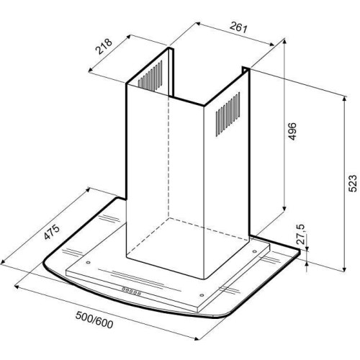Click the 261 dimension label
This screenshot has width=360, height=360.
point(238,27)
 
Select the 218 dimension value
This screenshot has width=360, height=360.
point(104,46)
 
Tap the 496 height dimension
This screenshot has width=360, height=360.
point(292,131)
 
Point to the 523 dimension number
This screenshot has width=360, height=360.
point(353,184)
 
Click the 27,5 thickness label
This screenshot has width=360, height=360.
point(300,234)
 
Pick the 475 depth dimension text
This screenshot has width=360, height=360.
point(51,232)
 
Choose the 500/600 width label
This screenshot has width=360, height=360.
point(94,320)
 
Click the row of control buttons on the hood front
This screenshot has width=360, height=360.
point(131,291)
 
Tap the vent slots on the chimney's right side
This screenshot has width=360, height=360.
point(228,114)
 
